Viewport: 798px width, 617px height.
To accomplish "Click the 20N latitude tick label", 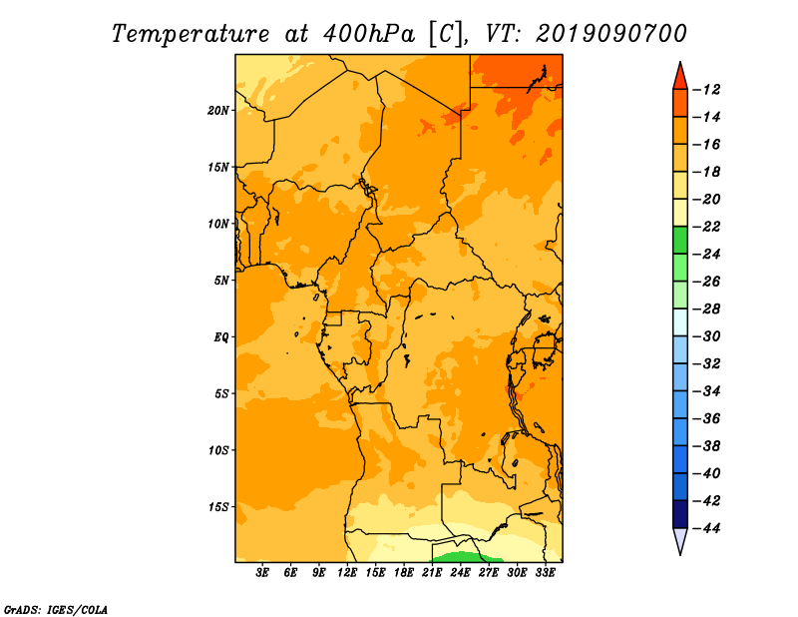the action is point(218,111).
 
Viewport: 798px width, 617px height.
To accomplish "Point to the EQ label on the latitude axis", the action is point(221,337).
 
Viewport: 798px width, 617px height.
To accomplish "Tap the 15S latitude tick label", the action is point(218,507).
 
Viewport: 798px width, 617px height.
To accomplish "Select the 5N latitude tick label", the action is point(221,281).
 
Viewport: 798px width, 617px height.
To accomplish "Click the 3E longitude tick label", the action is point(262,572).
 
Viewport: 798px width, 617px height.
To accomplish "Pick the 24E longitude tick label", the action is point(460,572).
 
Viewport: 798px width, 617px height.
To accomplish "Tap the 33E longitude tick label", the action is point(545,572).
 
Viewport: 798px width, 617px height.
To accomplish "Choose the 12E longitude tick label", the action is point(347,572).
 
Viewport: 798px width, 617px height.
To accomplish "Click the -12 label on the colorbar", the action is point(706,90).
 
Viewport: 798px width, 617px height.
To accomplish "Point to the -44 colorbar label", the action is point(706,528).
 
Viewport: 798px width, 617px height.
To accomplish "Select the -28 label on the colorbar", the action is point(706,308).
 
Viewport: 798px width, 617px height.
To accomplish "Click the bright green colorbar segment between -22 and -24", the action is point(680,241).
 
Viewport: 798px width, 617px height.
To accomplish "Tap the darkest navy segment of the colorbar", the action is point(680,514).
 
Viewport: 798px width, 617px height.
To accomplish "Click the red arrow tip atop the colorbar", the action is point(680,62).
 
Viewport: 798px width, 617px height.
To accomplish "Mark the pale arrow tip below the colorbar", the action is point(680,554).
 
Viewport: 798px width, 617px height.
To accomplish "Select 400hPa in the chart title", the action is point(369,34).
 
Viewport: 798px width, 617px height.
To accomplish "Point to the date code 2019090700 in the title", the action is point(610,34).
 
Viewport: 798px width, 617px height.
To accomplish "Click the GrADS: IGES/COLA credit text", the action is point(56,610).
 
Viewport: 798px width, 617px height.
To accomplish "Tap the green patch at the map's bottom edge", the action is point(462,557).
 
